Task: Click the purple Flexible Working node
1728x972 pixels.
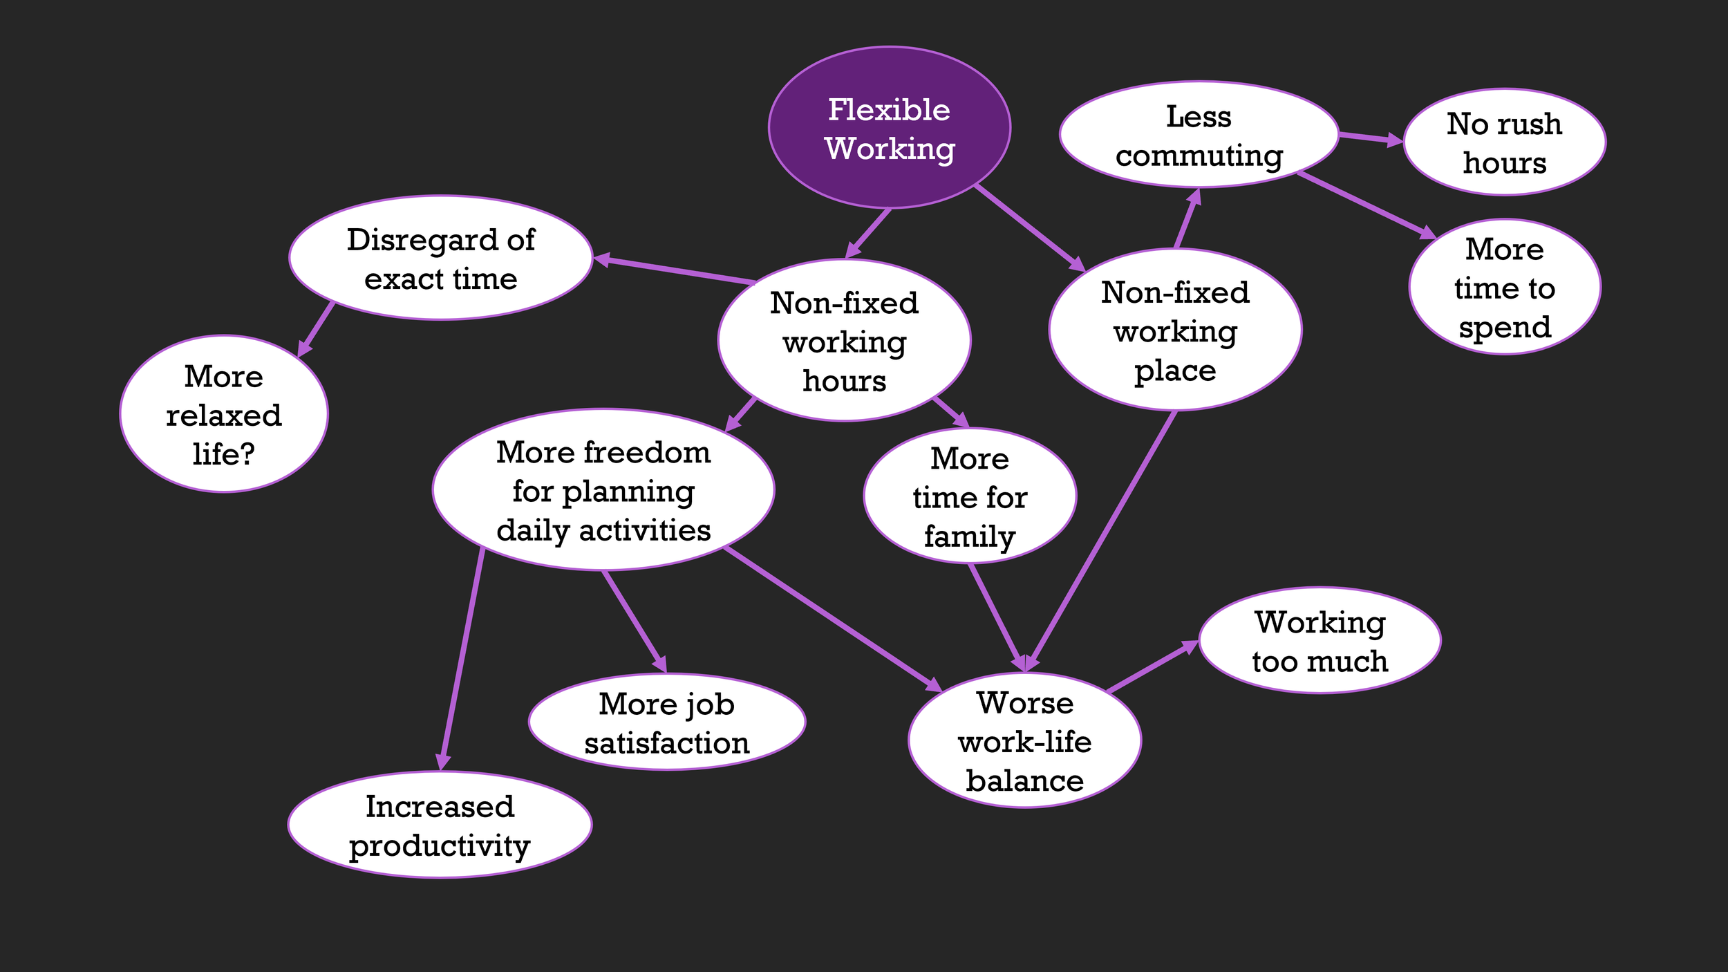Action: tap(890, 128)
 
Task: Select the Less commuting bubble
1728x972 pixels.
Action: tap(1199, 135)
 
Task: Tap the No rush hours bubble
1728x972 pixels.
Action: tap(1504, 142)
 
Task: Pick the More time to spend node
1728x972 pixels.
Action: tap(1505, 287)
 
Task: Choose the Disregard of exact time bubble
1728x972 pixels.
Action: tap(440, 258)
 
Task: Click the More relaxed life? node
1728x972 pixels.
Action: tap(223, 414)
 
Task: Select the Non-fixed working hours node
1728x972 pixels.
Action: tap(844, 340)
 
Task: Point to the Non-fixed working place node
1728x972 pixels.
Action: tap(1175, 330)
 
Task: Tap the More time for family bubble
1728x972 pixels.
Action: tap(970, 496)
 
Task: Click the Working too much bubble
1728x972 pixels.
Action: tap(1320, 641)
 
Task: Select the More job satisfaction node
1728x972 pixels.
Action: tap(666, 722)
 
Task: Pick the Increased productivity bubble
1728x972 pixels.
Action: tap(440, 825)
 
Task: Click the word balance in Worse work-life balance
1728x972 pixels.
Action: tap(1024, 781)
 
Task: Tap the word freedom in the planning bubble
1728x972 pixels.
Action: tap(647, 453)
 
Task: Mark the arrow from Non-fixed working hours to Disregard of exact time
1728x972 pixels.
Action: tap(674, 270)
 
